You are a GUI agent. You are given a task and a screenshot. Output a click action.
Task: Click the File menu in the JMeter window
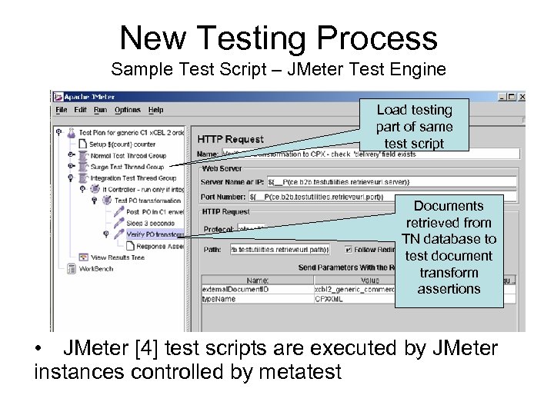(x=62, y=110)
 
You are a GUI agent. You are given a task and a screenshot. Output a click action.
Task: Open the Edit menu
(x=81, y=110)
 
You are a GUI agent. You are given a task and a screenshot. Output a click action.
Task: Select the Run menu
(x=100, y=110)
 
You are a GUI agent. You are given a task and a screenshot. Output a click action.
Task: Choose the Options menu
(x=127, y=110)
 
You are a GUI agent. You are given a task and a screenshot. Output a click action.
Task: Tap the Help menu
(x=155, y=110)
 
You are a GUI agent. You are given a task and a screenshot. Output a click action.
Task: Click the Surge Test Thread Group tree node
(x=127, y=167)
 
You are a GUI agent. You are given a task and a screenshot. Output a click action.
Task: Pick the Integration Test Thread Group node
(x=133, y=178)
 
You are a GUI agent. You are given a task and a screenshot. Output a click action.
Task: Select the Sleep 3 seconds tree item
(x=150, y=223)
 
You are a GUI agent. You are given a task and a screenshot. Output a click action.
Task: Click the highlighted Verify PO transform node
(x=155, y=234)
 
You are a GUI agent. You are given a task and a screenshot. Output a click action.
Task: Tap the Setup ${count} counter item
(x=122, y=144)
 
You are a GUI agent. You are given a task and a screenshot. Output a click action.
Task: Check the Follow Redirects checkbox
(x=349, y=249)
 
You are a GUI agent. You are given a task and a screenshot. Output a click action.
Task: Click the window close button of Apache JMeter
(x=522, y=98)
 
